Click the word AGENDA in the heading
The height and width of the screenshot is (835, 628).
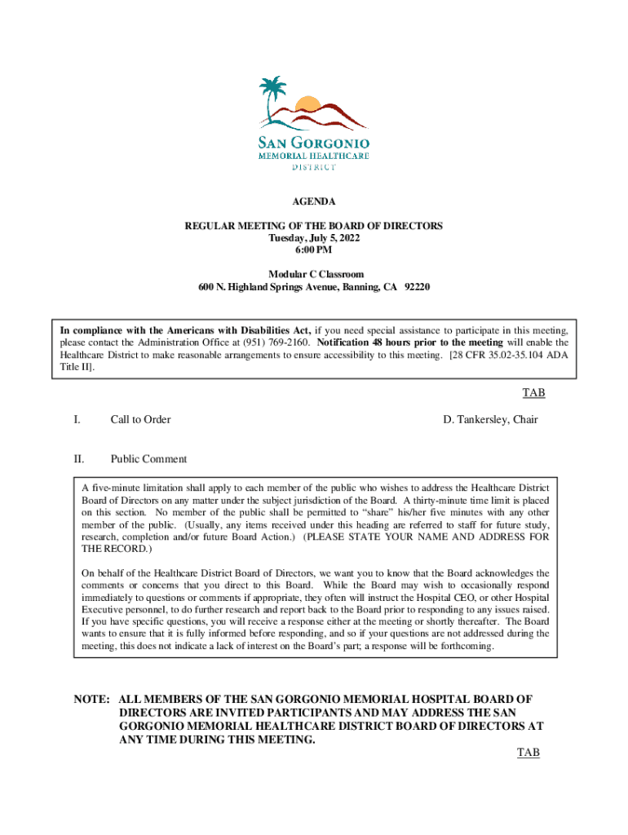tap(314, 201)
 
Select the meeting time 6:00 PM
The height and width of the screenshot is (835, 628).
tap(314, 250)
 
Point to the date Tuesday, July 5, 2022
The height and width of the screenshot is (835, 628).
tap(314, 237)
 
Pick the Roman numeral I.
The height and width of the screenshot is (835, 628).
tap(77, 419)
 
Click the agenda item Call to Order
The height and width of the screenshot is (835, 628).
tap(140, 419)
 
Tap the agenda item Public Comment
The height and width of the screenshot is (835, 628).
tap(148, 459)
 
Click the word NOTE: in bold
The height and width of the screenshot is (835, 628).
tap(91, 700)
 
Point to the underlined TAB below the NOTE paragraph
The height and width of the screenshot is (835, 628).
tap(528, 753)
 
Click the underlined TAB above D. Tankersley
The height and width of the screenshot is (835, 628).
tap(533, 393)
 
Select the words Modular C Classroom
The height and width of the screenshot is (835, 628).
tap(314, 275)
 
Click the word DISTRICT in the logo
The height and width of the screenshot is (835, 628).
tap(314, 167)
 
